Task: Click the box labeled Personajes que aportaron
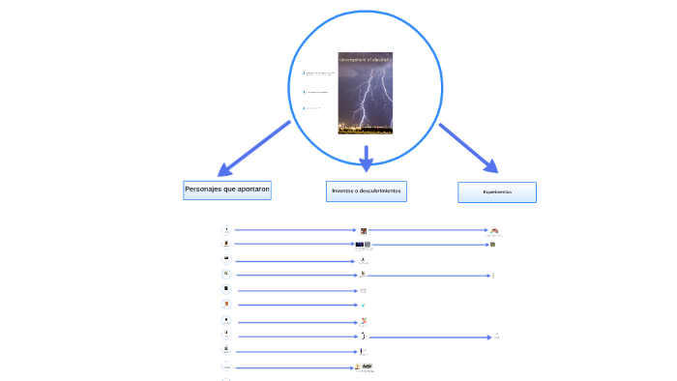226,190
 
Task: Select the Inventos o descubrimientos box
366,190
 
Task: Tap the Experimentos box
496,192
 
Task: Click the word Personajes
202,190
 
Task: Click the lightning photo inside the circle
366,94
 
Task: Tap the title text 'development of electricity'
366,59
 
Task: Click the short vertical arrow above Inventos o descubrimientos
366,159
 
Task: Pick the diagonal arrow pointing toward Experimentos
468,147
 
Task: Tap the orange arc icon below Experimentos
495,231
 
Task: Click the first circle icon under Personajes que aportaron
226,230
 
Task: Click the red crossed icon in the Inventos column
364,321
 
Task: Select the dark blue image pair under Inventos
363,245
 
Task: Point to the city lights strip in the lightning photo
366,128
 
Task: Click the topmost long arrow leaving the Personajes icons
295,230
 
